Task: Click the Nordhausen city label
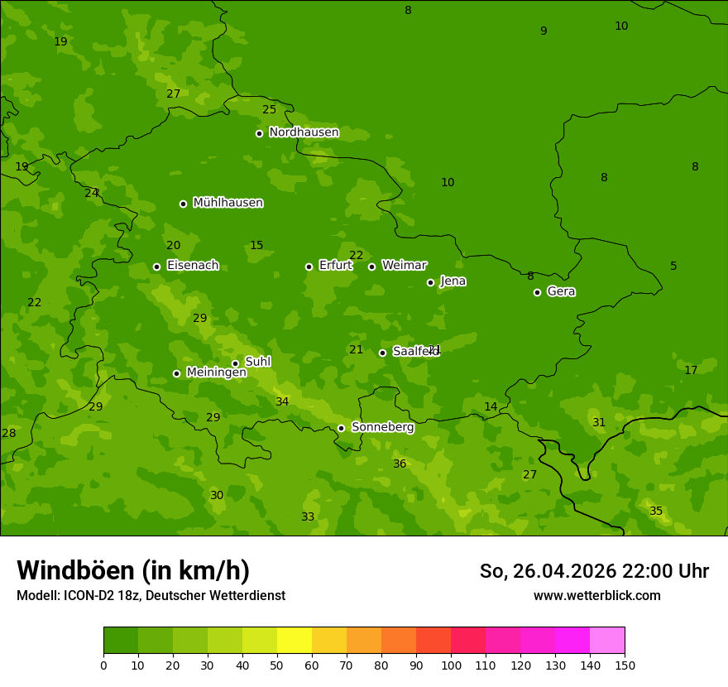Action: pos(304,132)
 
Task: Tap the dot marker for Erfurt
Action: pos(309,267)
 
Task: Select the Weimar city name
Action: pos(404,266)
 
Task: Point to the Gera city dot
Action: pos(537,292)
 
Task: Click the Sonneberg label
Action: pos(382,427)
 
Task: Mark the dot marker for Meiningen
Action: pos(176,373)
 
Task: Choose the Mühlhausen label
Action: pos(227,203)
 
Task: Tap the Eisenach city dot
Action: pos(156,267)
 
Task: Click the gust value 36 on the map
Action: pos(400,464)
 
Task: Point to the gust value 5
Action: pos(673,266)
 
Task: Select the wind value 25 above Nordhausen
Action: pos(270,109)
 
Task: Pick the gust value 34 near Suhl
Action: pos(282,401)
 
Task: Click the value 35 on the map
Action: pos(656,511)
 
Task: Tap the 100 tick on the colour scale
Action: pos(451,665)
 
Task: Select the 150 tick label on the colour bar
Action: pos(625,665)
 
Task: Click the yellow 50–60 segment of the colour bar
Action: pos(295,640)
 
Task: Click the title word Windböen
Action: pos(75,571)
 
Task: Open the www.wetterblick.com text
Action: pos(596,596)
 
